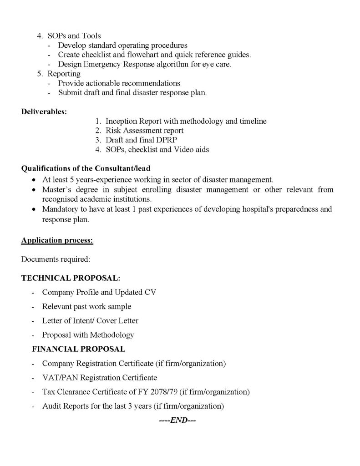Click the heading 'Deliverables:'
(x=44, y=112)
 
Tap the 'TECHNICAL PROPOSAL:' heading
(x=71, y=278)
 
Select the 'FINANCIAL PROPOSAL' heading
(x=78, y=349)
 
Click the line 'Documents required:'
(x=56, y=259)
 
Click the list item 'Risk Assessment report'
(x=144, y=131)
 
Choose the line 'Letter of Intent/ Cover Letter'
(x=90, y=320)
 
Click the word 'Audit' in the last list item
(x=52, y=406)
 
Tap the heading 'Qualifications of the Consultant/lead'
(x=86, y=169)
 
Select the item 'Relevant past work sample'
(x=86, y=306)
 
